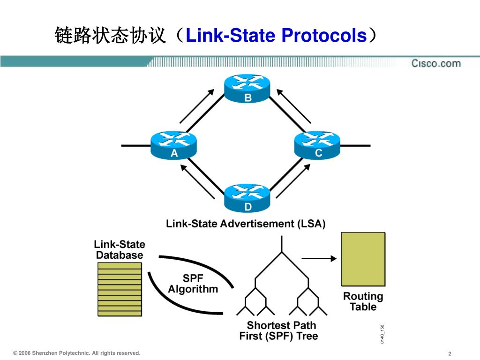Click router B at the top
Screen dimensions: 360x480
click(x=247, y=88)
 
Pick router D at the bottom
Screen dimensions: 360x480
click(x=247, y=197)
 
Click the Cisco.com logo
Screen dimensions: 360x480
click(x=436, y=63)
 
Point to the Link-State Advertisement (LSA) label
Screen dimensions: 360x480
click(x=246, y=224)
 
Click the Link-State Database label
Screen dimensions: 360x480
click(x=120, y=249)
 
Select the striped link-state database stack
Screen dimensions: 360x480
click(x=120, y=289)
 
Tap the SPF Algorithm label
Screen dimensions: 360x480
click(x=193, y=284)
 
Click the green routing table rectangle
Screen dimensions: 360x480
click(x=363, y=259)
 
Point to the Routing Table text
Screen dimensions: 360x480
click(x=363, y=301)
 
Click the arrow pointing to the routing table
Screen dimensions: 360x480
click(x=319, y=258)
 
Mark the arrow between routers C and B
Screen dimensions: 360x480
click(x=294, y=106)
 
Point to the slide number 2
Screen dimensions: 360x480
click(x=450, y=353)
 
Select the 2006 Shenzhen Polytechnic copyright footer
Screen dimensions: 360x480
click(x=77, y=353)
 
